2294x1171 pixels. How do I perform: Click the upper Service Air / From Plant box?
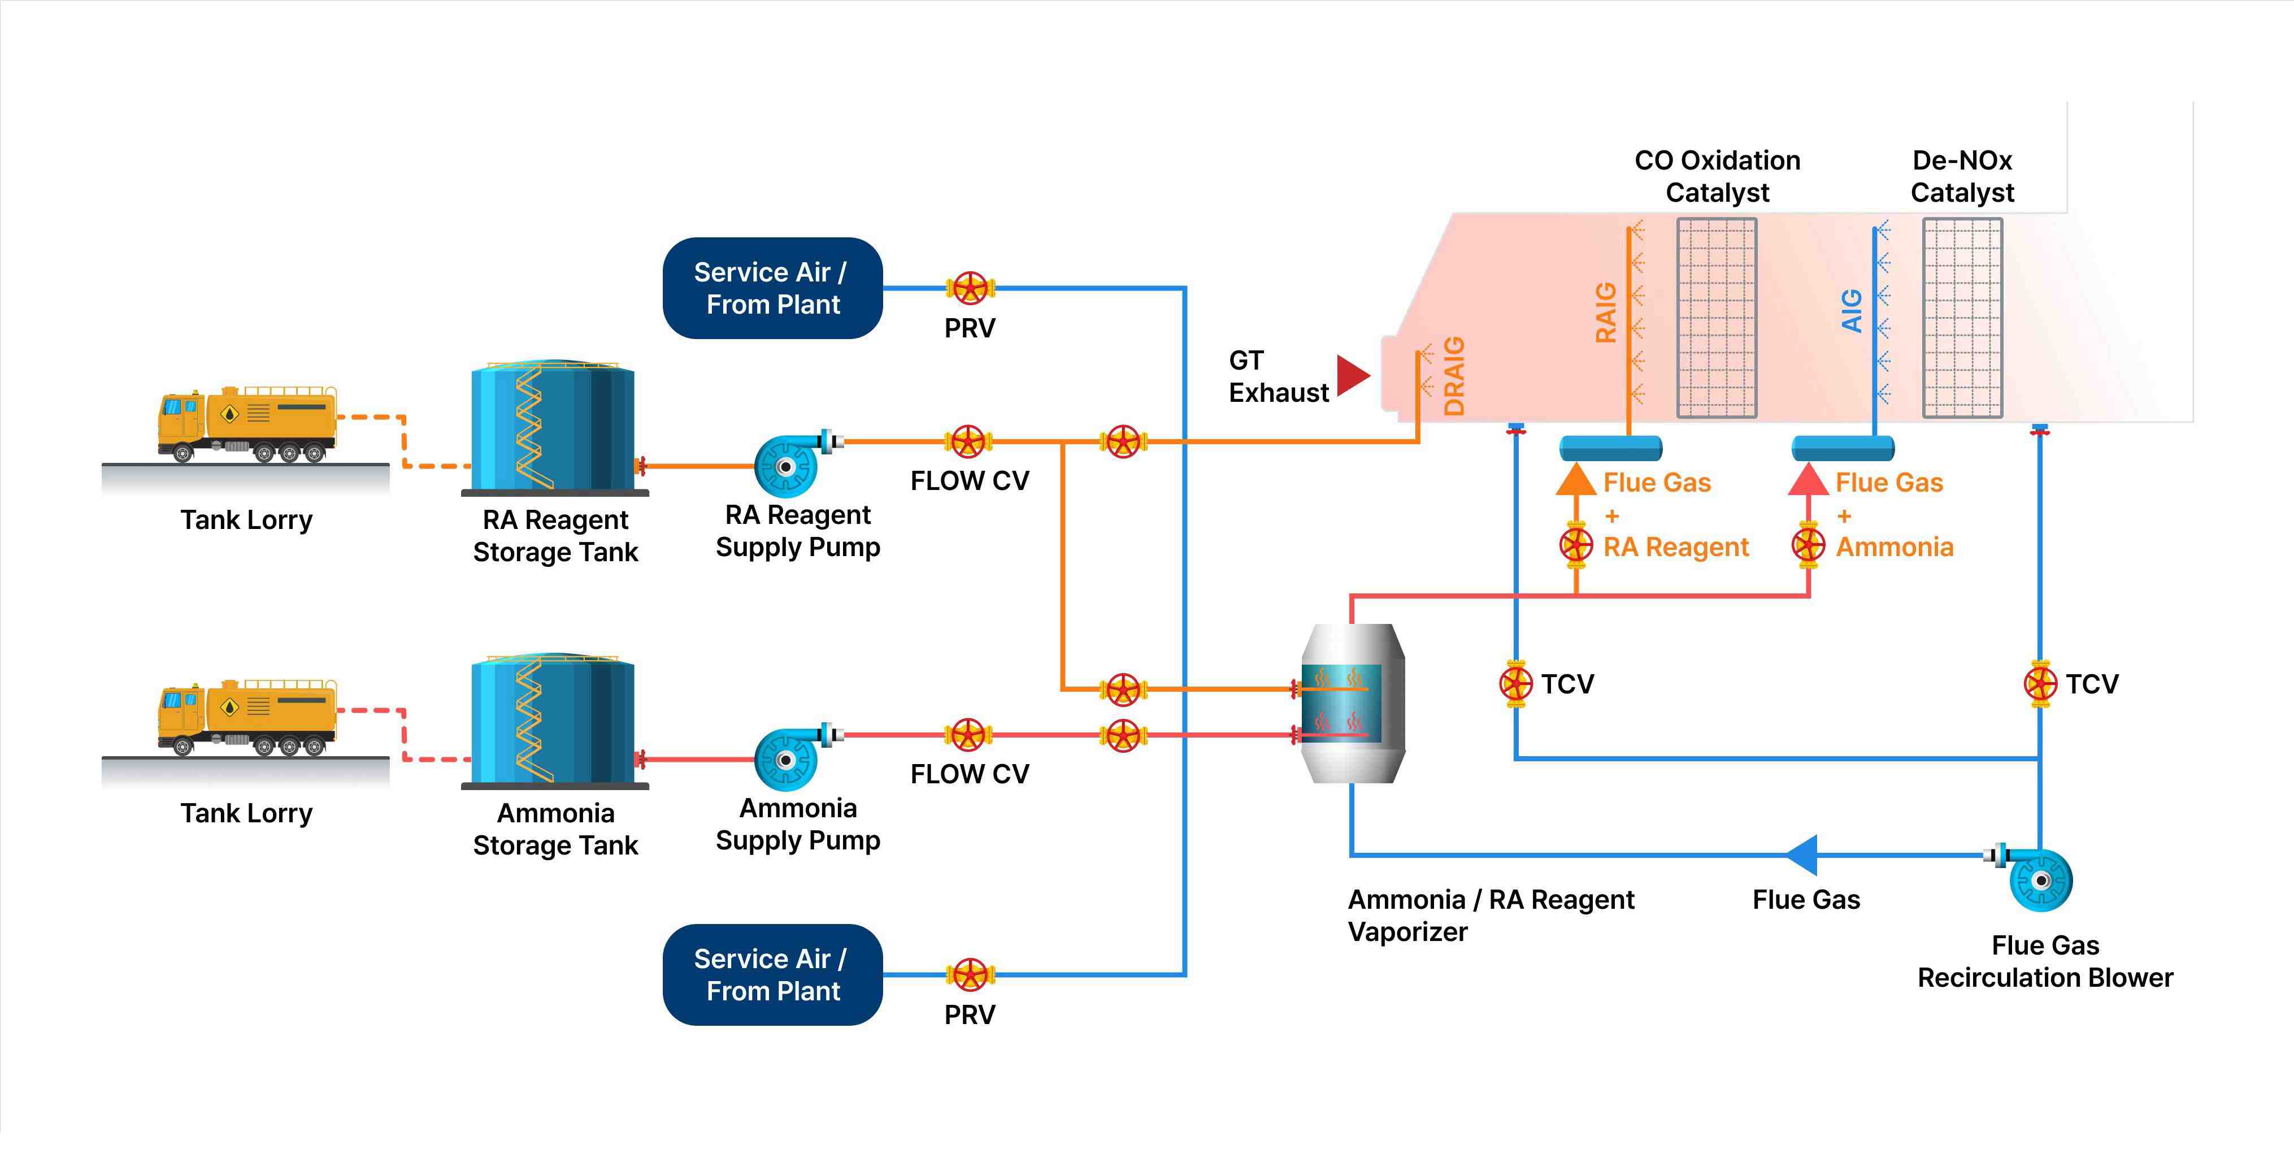tap(772, 288)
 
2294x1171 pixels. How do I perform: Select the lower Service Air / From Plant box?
tap(772, 974)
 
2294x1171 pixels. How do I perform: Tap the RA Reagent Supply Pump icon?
tap(787, 465)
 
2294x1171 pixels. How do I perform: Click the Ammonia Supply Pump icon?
tap(787, 758)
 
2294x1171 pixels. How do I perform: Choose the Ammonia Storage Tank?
tap(553, 721)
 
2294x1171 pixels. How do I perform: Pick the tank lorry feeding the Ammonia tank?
tap(247, 719)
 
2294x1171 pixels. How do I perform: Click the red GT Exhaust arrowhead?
tap(1352, 375)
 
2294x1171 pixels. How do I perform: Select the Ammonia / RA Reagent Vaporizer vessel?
tap(1352, 704)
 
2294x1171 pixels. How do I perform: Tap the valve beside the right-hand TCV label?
tap(2039, 684)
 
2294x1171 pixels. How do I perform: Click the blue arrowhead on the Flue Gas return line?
tap(1801, 855)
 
